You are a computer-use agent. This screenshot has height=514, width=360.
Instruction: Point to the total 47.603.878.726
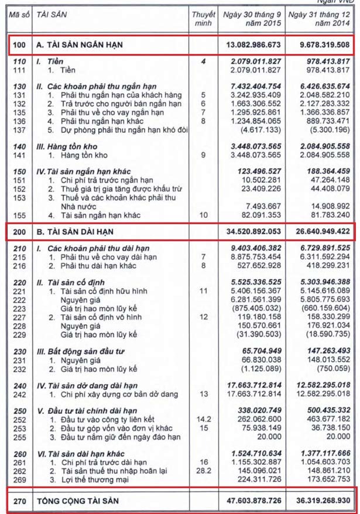point(250,502)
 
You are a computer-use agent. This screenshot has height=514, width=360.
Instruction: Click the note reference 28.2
point(203,471)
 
